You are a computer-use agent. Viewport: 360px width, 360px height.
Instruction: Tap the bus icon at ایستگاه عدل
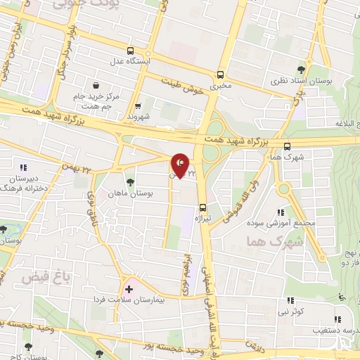130,51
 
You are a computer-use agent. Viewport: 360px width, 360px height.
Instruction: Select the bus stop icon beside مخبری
220,75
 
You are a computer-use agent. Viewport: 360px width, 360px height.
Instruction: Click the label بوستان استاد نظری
305,82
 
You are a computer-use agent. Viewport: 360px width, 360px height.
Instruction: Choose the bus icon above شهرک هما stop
287,146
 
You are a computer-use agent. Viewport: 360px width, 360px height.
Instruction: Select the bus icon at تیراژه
202,207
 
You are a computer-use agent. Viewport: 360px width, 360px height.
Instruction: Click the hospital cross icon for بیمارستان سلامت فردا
129,289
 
